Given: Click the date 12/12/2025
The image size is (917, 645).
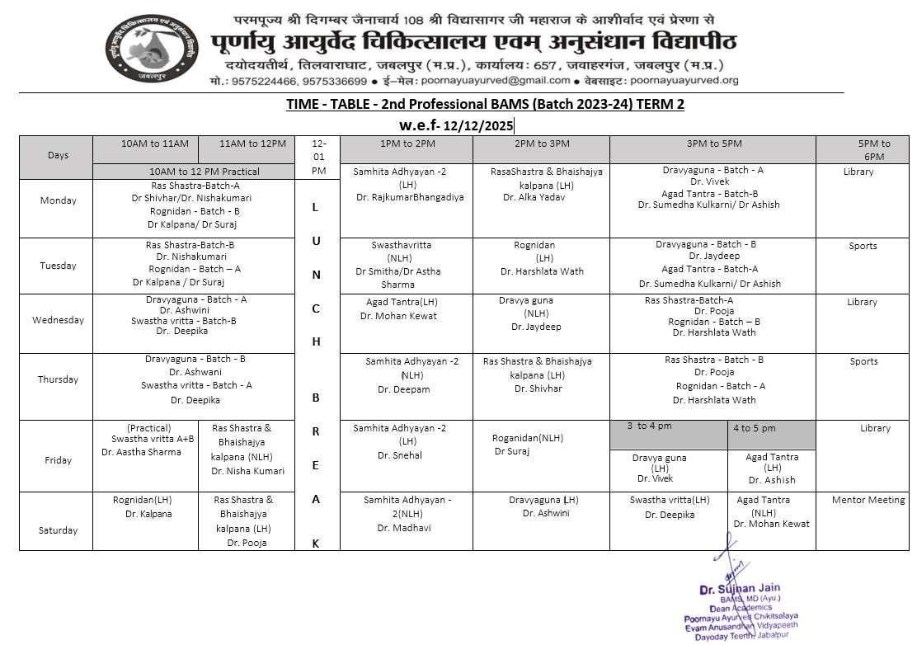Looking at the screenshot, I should pyautogui.click(x=478, y=126).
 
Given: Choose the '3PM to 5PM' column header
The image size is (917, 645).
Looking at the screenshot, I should pyautogui.click(x=712, y=144).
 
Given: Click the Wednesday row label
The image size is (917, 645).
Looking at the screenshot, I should pyautogui.click(x=58, y=321).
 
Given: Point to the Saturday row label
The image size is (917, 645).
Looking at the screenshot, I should pyautogui.click(x=58, y=530).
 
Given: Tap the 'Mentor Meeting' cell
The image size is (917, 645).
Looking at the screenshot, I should pyautogui.click(x=863, y=500).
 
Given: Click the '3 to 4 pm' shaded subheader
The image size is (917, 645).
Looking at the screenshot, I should pyautogui.click(x=650, y=426).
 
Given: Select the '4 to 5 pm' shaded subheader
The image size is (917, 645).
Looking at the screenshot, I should pyautogui.click(x=755, y=428).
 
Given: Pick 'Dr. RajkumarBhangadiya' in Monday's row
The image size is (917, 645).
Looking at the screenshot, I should pyautogui.click(x=410, y=198).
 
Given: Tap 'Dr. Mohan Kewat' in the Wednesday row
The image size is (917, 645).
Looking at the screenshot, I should pyautogui.click(x=398, y=316).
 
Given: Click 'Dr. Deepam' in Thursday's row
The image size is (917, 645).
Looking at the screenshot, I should pyautogui.click(x=404, y=389).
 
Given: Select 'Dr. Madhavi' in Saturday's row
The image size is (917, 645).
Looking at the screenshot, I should pyautogui.click(x=404, y=528).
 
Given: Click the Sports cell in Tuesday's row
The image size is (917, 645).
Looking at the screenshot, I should pyautogui.click(x=863, y=246).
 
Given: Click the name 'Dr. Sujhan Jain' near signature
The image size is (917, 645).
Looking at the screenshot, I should pyautogui.click(x=739, y=590).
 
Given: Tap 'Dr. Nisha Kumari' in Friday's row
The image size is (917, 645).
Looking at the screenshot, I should pyautogui.click(x=247, y=471).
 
